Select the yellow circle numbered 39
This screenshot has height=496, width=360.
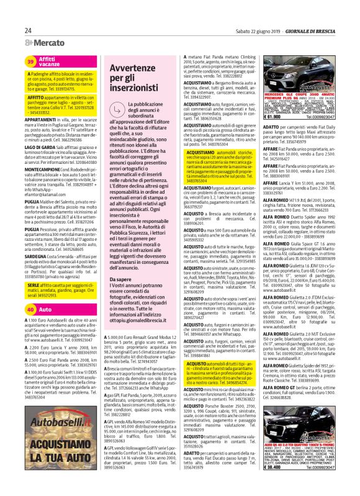tap(30, 61)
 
